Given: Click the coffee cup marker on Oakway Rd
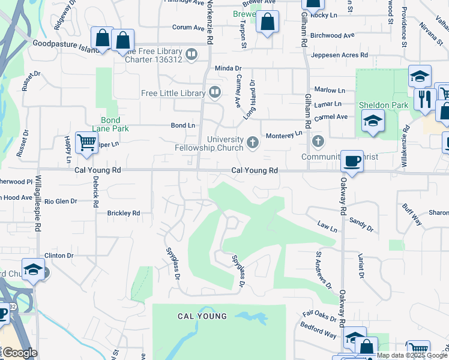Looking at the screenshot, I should [x=352, y=161].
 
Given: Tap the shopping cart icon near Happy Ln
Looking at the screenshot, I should [x=86, y=143].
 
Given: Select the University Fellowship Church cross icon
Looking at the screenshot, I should [x=253, y=142].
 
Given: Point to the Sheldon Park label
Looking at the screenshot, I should [x=384, y=105].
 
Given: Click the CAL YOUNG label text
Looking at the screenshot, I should [x=202, y=316].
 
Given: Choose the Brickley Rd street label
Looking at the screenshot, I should [x=123, y=213].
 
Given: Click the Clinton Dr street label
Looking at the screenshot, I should [x=58, y=255].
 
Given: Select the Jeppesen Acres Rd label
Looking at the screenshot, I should [x=340, y=55].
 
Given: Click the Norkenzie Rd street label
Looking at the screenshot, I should [x=209, y=24].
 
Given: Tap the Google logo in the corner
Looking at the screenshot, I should [x=20, y=353].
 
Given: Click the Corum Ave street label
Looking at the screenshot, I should [x=188, y=27].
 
